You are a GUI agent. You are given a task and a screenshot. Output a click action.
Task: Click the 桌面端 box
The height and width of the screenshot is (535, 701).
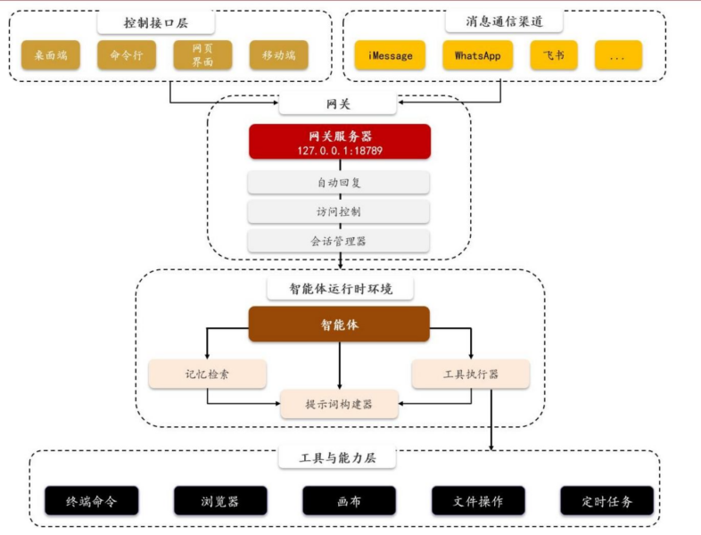tap(51, 55)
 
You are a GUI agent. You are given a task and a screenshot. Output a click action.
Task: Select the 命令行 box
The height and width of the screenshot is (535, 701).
tap(127, 55)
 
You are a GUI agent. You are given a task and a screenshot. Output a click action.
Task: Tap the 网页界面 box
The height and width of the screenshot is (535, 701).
tap(202, 55)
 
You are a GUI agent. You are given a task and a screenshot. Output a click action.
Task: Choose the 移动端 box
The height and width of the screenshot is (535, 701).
tap(279, 55)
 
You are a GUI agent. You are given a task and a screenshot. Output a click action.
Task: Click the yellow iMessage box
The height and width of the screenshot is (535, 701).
tap(390, 55)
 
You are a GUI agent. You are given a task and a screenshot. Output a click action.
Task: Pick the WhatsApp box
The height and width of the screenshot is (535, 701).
tap(478, 55)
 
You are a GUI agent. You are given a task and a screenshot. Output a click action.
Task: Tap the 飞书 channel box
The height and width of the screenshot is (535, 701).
tap(559, 55)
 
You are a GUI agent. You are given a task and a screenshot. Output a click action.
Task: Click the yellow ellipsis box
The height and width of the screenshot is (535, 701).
tap(617, 55)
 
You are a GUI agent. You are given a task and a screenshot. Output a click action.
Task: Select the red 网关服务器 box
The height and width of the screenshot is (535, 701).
tap(340, 142)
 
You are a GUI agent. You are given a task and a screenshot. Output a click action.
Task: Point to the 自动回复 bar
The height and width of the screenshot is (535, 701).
tap(339, 183)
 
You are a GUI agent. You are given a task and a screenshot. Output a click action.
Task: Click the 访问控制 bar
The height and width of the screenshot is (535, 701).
tap(339, 212)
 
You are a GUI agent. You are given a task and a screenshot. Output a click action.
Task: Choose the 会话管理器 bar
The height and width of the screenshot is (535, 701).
tap(339, 241)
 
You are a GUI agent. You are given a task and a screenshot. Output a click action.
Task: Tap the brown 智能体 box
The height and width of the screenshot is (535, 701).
tap(339, 325)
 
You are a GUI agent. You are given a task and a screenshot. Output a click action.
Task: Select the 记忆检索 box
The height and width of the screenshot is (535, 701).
tap(207, 374)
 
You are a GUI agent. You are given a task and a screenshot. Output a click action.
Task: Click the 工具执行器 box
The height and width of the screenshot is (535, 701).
tap(471, 374)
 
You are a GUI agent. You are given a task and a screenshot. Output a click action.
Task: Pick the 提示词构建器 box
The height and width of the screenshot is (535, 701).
tap(339, 405)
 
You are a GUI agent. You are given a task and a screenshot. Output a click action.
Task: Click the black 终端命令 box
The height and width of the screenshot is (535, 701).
tap(91, 501)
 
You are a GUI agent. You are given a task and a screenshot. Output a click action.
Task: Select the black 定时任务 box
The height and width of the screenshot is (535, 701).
tap(606, 501)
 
